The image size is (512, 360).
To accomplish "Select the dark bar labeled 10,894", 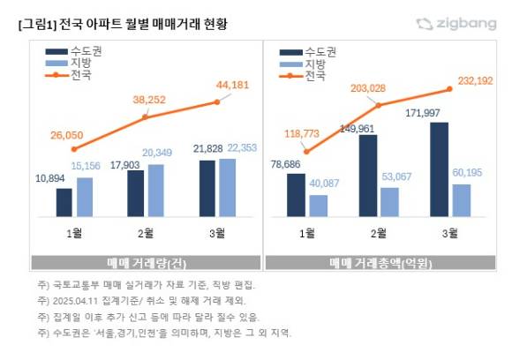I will coord(64,202).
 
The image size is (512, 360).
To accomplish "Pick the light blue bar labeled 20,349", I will coord(155,190).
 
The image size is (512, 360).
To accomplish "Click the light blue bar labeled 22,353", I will coord(227,187).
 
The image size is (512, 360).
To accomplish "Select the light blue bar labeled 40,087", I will coord(318,205).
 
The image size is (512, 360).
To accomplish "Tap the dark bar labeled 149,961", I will coord(367,176).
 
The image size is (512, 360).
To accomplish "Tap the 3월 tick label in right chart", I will coord(448,233).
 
